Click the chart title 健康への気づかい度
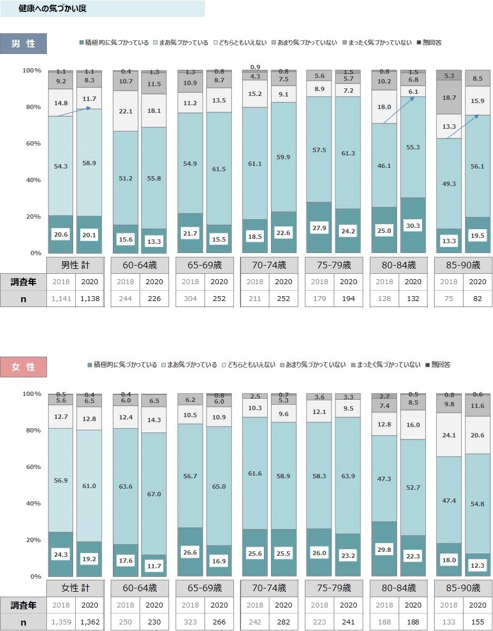[52, 9]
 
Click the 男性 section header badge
[23, 44]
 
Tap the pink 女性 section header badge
[23, 367]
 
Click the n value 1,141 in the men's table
[61, 299]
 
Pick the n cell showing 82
[478, 299]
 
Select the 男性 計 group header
[75, 266]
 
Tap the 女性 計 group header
[75, 588]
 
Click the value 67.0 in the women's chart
[154, 494]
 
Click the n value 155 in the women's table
[478, 622]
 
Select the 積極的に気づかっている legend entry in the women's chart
[122, 365]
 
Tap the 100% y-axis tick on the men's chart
[32, 70]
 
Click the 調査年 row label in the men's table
[23, 282]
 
